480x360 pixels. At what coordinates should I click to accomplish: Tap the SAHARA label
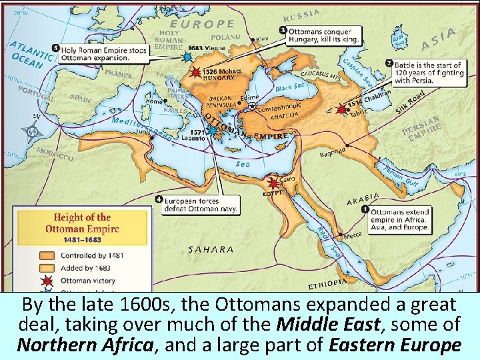[x=211, y=249]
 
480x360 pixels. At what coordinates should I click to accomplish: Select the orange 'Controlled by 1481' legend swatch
[x=47, y=255]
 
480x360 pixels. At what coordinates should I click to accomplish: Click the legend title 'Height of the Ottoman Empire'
[x=83, y=223]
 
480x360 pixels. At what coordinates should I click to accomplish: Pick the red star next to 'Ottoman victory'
[x=47, y=281]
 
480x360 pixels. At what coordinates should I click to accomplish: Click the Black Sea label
[x=290, y=87]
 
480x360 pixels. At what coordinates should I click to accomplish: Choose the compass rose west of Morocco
[x=31, y=131]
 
